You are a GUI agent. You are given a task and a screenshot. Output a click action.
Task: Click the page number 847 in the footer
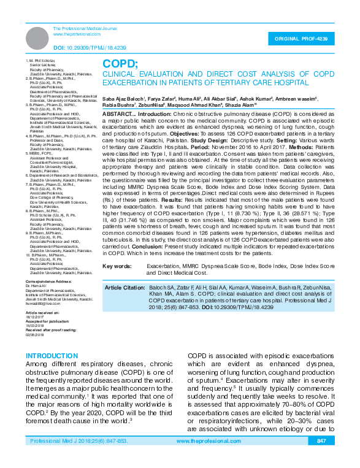tap(321, 458)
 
